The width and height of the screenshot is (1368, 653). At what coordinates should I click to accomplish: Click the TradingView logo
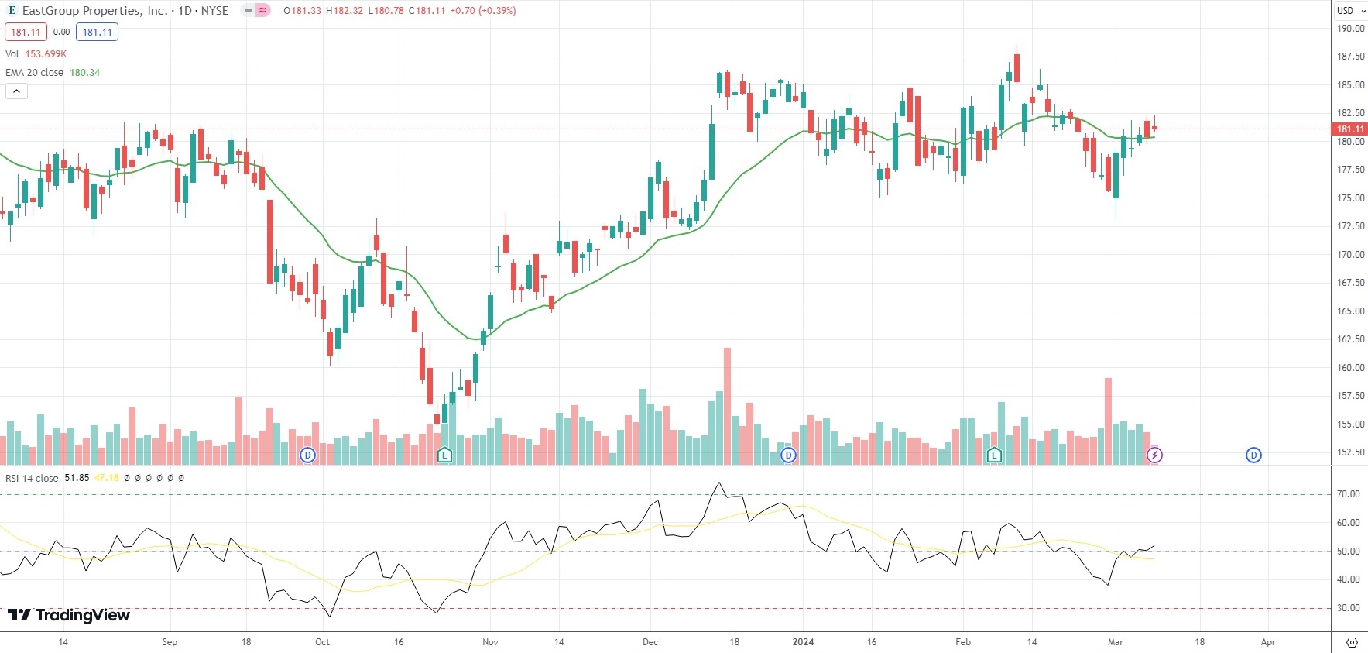(69, 615)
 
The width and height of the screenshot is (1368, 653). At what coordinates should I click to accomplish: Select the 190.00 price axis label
(1351, 29)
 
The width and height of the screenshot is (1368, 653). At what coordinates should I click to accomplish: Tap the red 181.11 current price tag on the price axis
(1350, 129)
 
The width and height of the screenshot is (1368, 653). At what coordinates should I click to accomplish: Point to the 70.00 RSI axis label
(1349, 494)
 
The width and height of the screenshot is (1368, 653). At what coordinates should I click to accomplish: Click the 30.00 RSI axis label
(1349, 608)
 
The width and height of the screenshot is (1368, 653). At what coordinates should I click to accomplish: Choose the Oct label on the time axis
(322, 642)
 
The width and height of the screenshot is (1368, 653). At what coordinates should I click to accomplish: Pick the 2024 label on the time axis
(803, 642)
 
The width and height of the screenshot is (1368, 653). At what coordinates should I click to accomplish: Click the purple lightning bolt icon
(1154, 455)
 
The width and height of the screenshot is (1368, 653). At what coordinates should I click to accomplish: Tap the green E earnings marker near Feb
(994, 455)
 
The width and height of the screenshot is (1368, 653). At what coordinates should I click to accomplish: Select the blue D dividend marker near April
(1253, 455)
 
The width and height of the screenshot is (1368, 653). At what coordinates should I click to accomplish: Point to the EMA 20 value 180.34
(84, 73)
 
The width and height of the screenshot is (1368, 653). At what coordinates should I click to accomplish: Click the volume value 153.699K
(46, 54)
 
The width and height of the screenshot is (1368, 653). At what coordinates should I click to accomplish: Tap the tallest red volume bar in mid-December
(727, 406)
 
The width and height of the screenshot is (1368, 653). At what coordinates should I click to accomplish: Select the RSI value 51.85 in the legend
(77, 478)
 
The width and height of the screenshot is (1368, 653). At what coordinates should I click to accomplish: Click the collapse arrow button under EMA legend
(16, 91)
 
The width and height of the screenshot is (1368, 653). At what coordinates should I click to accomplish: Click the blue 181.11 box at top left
(97, 33)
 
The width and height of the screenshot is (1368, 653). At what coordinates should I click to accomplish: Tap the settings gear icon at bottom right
(1352, 642)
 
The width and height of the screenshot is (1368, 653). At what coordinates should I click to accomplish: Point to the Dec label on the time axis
(650, 642)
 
